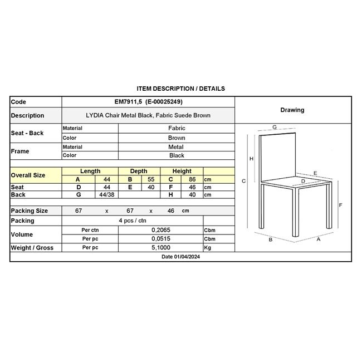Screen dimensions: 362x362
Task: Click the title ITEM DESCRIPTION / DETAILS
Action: tap(180, 89)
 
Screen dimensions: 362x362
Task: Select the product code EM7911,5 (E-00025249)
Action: tap(148, 102)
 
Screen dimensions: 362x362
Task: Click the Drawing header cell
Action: tap(292, 110)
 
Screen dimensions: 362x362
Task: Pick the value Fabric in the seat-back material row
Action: tap(177, 128)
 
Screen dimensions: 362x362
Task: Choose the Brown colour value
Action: tap(177, 138)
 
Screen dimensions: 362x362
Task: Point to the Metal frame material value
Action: tap(177, 147)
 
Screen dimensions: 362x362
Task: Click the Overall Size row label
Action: tap(28, 175)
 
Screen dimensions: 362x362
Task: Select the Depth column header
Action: tap(138, 171)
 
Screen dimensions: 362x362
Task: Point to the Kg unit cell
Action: tap(208, 247)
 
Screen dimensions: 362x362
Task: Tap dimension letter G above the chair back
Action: tap(275, 127)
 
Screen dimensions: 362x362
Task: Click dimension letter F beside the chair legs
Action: tap(340, 205)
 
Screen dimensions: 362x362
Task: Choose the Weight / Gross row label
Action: tap(32, 247)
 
